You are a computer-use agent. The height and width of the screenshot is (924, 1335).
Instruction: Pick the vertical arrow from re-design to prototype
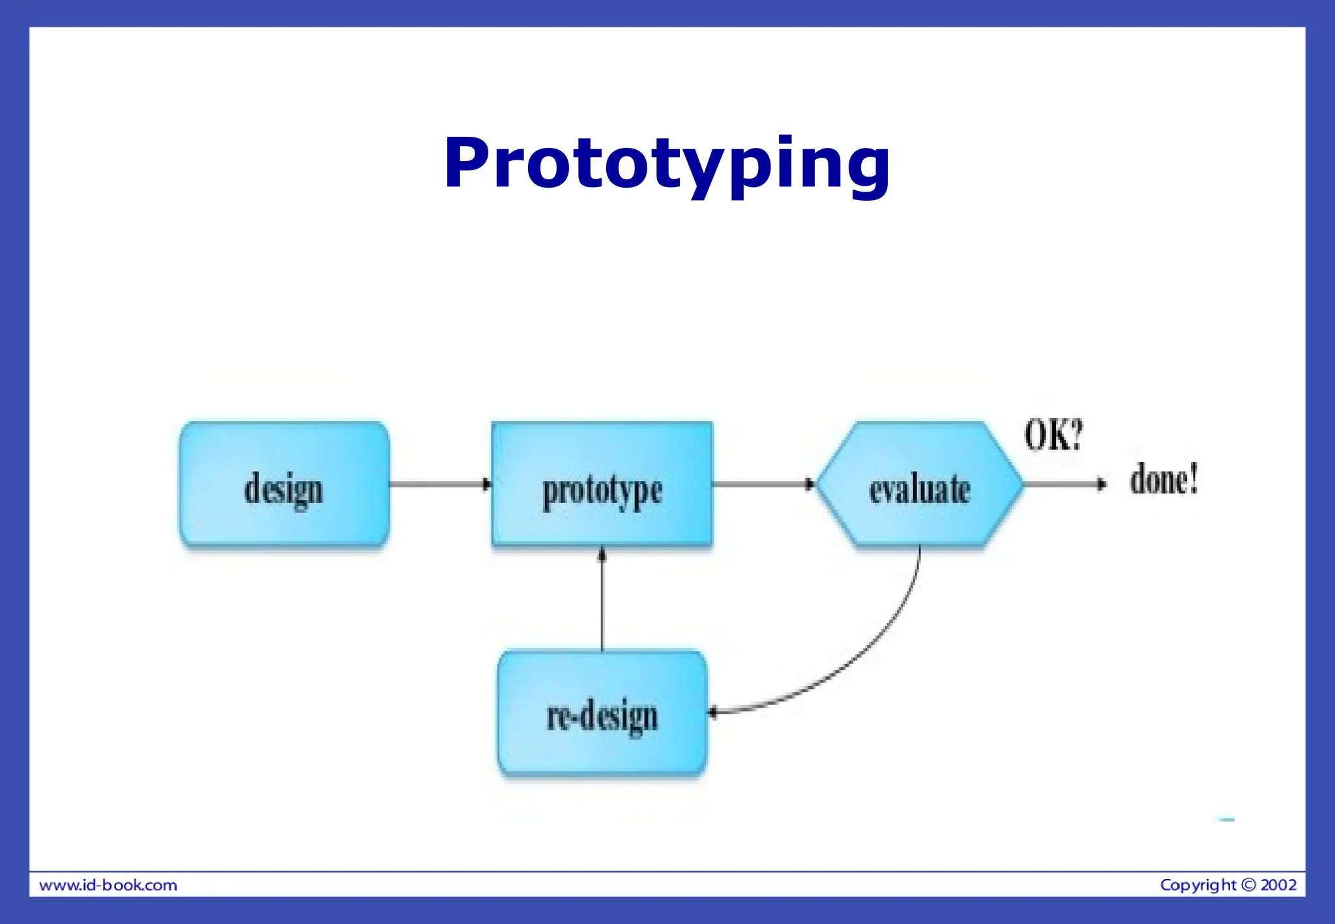pos(602,599)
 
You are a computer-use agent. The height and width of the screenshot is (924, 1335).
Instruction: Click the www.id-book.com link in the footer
pos(108,885)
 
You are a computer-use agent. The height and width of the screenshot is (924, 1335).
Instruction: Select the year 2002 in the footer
pos(1278,885)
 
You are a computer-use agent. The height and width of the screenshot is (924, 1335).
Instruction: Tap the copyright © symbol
pos(1248,885)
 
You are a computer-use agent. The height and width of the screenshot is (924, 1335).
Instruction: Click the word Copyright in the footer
pos(1197,885)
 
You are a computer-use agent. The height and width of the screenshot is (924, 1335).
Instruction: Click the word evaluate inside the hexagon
pos(919,490)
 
